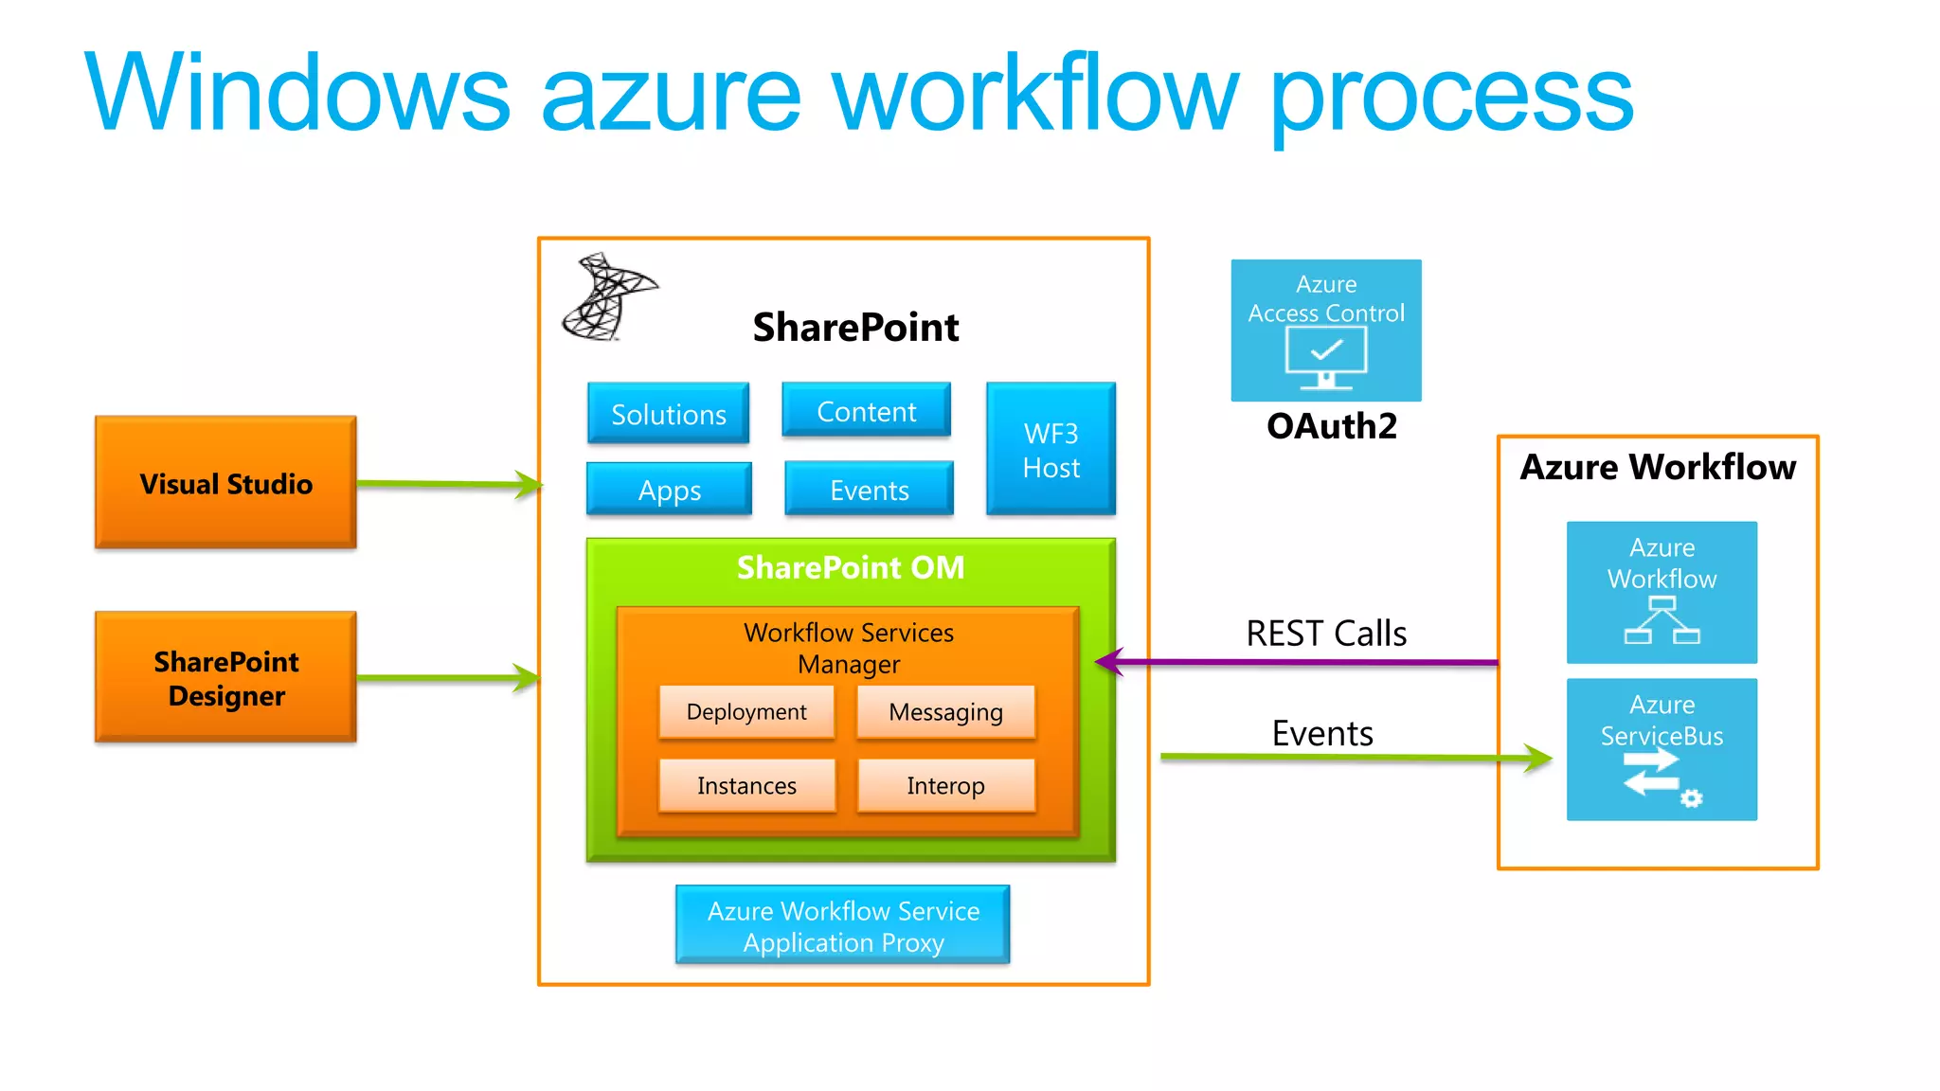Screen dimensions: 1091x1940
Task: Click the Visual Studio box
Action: (x=225, y=482)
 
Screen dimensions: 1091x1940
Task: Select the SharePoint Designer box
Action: (x=225, y=677)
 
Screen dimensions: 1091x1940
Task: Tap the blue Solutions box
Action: (x=668, y=413)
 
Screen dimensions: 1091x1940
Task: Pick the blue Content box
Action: (x=866, y=410)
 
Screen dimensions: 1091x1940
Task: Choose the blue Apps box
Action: (x=669, y=489)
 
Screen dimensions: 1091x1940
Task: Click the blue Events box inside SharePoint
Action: (x=869, y=489)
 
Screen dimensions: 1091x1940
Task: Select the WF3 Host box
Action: (x=1051, y=449)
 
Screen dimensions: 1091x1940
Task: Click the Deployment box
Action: (x=746, y=711)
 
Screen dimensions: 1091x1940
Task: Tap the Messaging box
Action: (x=945, y=711)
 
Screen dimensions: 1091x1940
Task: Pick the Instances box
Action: (x=746, y=785)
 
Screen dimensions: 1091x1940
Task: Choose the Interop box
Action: (x=945, y=785)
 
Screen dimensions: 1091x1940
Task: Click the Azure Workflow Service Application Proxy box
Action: (x=842, y=925)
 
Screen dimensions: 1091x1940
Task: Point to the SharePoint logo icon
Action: (x=606, y=297)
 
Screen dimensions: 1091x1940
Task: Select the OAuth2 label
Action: (x=1331, y=426)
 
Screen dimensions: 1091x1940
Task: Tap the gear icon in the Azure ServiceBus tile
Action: (x=1691, y=798)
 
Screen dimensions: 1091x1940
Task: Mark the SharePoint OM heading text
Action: (x=850, y=567)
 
